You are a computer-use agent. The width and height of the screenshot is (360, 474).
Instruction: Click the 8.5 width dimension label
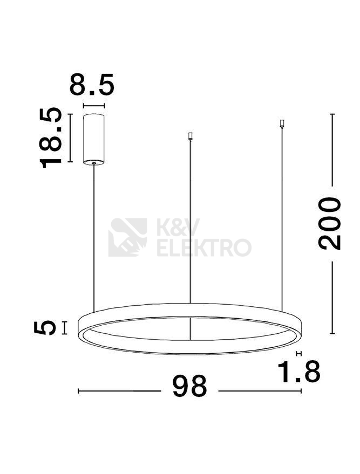[92, 84]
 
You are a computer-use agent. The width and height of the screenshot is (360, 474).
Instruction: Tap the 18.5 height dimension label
[51, 138]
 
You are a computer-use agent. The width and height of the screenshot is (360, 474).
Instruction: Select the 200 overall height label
[329, 223]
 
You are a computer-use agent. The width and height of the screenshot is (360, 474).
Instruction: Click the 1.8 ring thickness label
[298, 371]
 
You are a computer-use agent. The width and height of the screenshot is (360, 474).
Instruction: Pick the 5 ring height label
[45, 328]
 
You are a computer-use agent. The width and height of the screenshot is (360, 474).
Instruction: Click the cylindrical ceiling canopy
[94, 139]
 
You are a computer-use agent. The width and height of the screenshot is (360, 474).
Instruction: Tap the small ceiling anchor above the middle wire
[190, 136]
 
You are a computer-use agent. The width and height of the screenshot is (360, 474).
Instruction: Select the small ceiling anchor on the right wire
[282, 123]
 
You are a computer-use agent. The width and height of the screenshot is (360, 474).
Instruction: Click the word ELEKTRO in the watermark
[204, 248]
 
